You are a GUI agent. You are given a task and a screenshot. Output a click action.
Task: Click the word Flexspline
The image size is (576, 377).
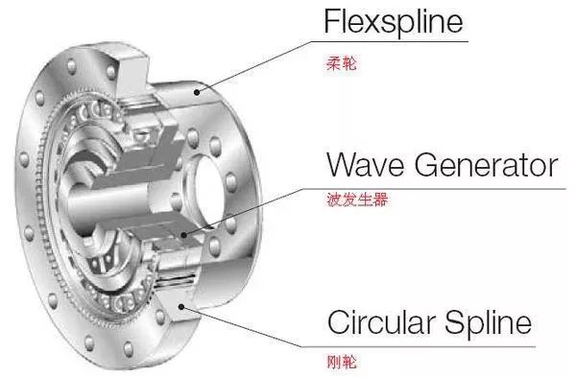[x=395, y=21]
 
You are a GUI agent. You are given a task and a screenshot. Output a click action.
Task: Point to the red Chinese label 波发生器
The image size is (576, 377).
[x=357, y=202]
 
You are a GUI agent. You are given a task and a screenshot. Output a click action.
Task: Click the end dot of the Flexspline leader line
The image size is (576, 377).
[x=197, y=92]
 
